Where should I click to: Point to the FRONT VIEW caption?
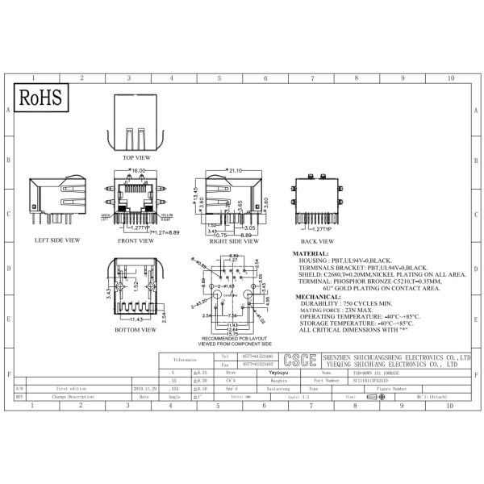pos(135,240)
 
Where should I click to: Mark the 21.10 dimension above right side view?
pos(236,171)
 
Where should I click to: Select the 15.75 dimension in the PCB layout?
pos(232,333)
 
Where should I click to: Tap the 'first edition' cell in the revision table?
pos(71,387)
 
